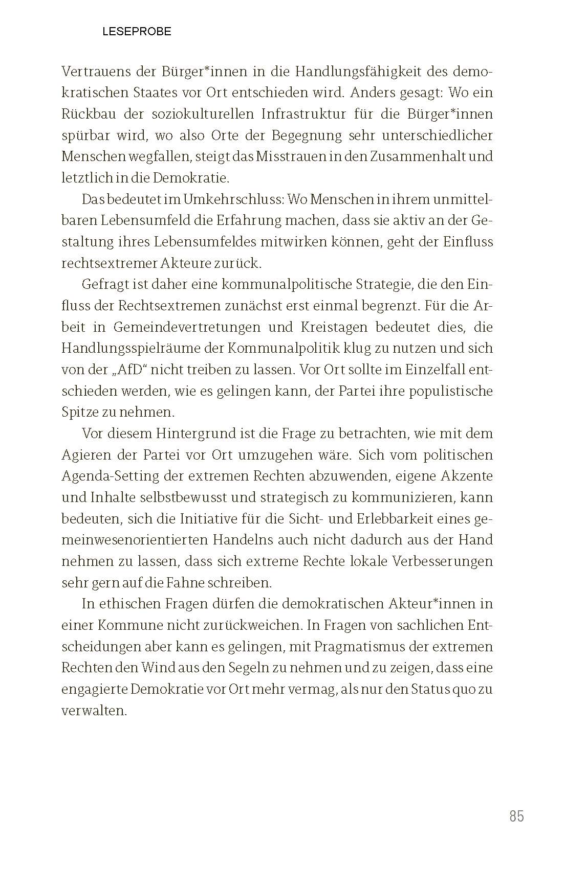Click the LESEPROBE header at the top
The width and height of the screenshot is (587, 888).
[x=137, y=32]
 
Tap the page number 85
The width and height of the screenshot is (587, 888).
[x=516, y=816]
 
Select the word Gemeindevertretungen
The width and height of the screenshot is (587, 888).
[x=191, y=327]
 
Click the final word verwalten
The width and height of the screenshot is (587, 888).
[x=94, y=711]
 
